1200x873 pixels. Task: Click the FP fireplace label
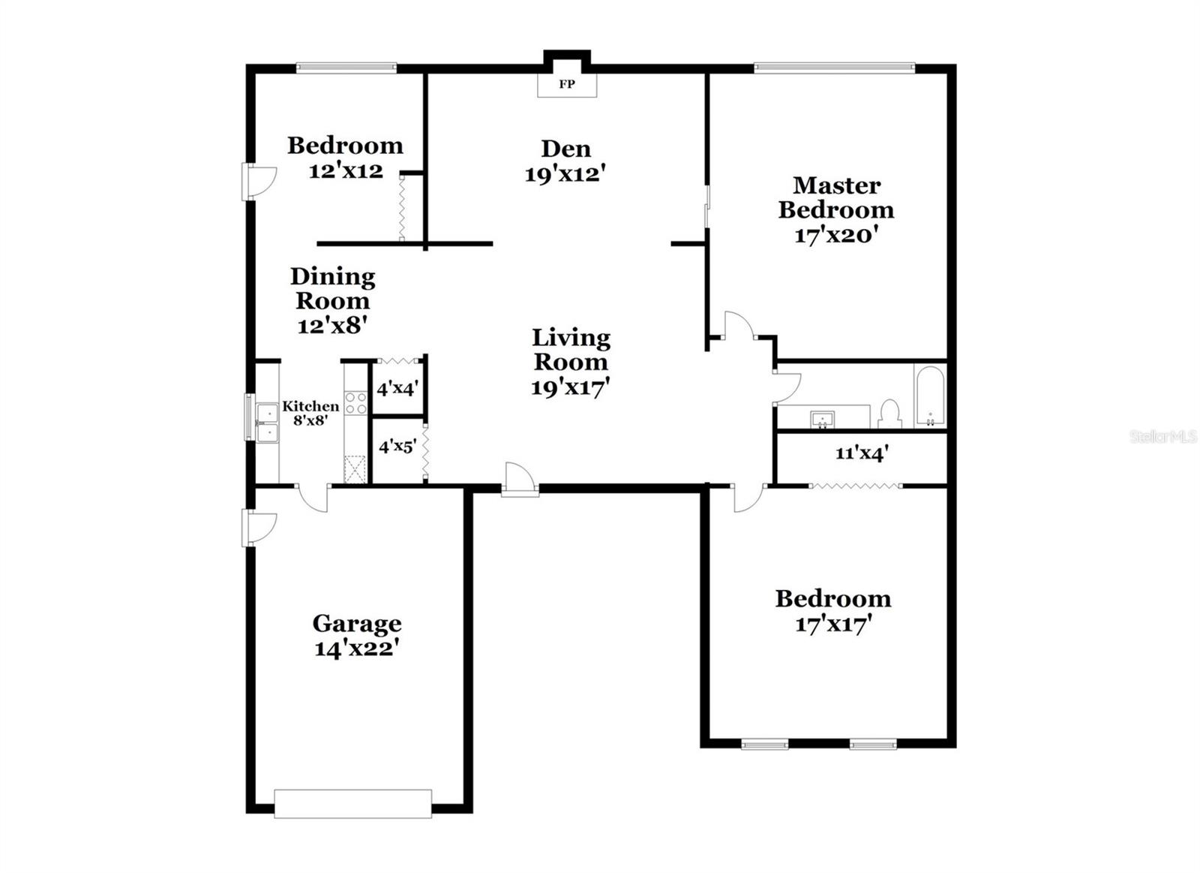[x=567, y=84]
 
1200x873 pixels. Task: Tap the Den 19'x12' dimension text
[x=565, y=174]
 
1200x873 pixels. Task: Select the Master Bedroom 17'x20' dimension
[x=835, y=235]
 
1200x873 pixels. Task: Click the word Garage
[x=356, y=623]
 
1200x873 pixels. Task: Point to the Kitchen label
[x=310, y=406]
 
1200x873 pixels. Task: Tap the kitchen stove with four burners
[x=356, y=403]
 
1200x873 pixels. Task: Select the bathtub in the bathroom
[x=930, y=396]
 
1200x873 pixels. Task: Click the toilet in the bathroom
[x=889, y=414]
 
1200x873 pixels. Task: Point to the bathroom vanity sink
[x=823, y=418]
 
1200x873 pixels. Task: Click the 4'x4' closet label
[x=397, y=389]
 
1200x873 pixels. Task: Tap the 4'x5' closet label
[x=397, y=447]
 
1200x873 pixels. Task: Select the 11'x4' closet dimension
[x=862, y=453]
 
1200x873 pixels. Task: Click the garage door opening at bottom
[x=352, y=803]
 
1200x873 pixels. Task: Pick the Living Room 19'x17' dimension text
[x=570, y=387]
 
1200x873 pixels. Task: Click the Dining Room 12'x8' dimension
[x=331, y=326]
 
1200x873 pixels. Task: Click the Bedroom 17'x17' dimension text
[x=832, y=624]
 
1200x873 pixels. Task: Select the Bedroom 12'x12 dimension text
[x=346, y=170]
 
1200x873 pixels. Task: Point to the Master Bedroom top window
[x=834, y=68]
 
